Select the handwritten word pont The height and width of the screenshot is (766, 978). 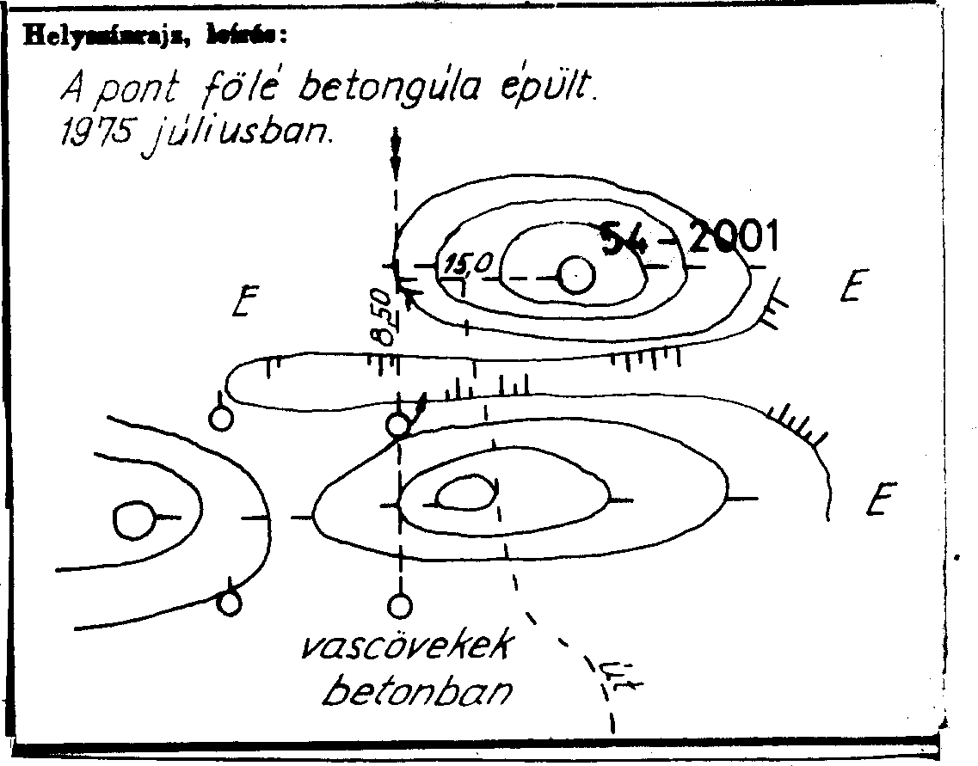(138, 88)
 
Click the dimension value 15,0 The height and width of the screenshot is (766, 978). (465, 263)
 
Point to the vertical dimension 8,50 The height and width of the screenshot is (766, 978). (384, 317)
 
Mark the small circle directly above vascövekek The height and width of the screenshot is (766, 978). (398, 606)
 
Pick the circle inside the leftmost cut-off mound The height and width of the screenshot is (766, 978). (133, 520)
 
